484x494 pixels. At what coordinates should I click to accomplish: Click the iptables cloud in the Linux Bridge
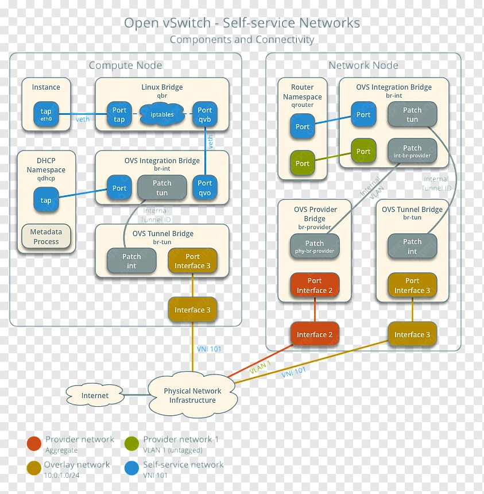(162, 114)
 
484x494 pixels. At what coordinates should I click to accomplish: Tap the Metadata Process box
(46, 236)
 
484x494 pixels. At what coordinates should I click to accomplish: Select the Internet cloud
(95, 395)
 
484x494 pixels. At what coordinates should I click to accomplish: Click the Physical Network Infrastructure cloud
(192, 395)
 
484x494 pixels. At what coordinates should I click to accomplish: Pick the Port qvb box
(205, 114)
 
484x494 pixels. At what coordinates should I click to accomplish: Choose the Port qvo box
(205, 188)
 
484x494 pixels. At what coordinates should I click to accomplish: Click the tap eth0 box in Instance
(46, 114)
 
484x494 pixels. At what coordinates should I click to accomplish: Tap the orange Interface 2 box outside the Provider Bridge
(315, 334)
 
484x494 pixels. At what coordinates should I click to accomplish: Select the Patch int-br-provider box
(412, 151)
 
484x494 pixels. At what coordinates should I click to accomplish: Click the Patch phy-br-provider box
(315, 246)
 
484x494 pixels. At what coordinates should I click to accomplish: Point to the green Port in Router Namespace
(303, 163)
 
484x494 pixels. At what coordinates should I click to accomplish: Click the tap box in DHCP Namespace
(46, 200)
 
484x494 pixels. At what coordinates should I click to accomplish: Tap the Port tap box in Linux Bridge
(119, 114)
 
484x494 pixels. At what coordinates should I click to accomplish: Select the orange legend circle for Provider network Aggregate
(34, 443)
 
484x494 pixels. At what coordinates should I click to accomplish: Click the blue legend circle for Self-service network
(131, 468)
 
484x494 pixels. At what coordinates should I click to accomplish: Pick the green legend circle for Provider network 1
(131, 443)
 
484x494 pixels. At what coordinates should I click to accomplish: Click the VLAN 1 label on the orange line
(260, 368)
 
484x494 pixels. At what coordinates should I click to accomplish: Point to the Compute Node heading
(125, 65)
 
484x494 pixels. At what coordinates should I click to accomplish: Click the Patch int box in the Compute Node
(131, 261)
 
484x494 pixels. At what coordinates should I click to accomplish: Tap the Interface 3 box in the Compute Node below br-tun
(192, 310)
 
